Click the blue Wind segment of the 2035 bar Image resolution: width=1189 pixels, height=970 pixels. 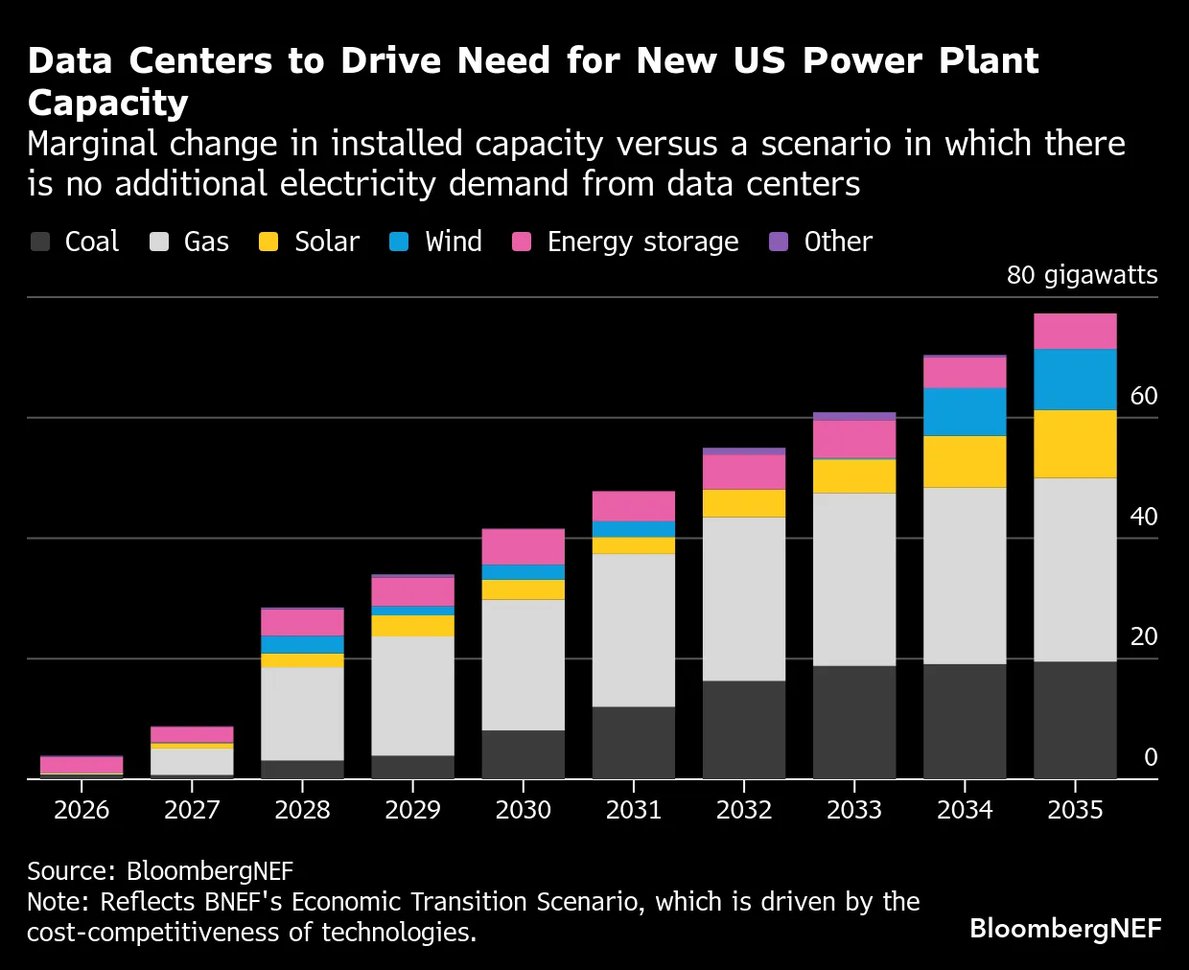(1075, 380)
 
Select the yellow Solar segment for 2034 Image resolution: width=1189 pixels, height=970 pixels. (965, 461)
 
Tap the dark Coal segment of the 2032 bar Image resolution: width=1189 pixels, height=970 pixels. (744, 729)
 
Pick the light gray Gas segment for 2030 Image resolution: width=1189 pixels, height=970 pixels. (524, 664)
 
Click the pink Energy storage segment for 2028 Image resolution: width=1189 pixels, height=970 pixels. (302, 622)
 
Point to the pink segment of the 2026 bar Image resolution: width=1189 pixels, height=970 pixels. (82, 764)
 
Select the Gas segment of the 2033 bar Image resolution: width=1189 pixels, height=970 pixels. (854, 579)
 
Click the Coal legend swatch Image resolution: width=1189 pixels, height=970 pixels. (40, 242)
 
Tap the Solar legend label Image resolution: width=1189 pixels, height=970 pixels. (326, 242)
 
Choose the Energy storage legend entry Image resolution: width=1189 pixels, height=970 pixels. (642, 242)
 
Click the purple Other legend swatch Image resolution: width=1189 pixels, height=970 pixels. (779, 242)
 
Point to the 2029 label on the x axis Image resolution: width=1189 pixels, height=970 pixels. (412, 810)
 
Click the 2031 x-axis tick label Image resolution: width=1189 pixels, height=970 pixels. (634, 810)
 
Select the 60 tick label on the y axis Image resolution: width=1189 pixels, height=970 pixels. (1143, 396)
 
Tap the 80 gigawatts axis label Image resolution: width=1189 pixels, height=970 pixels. (1082, 275)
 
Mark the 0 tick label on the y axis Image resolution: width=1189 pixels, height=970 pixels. (1151, 757)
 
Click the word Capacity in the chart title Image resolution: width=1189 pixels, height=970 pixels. (108, 103)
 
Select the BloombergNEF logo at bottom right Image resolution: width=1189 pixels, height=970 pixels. (1065, 928)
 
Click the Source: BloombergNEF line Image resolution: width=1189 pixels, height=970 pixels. (160, 870)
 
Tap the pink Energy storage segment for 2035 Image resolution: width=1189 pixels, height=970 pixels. (1075, 332)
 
